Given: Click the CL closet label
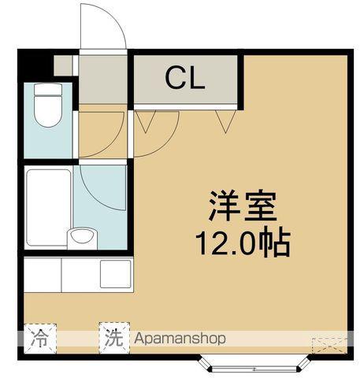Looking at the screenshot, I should click(184, 78).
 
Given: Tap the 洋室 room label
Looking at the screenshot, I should click(242, 209).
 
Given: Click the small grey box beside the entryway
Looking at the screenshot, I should click(63, 65).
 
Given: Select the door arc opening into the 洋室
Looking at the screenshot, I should click(154, 126).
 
